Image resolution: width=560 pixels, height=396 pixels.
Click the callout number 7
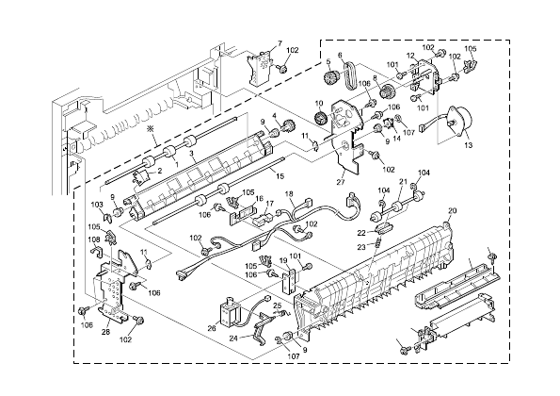click(278, 43)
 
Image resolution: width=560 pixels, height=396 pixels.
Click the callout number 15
click(279, 176)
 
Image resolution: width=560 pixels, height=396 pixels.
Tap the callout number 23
click(360, 247)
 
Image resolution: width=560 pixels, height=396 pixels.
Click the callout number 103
click(97, 204)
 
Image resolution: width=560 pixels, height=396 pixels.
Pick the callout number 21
click(403, 181)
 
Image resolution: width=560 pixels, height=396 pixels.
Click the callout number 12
click(410, 56)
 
